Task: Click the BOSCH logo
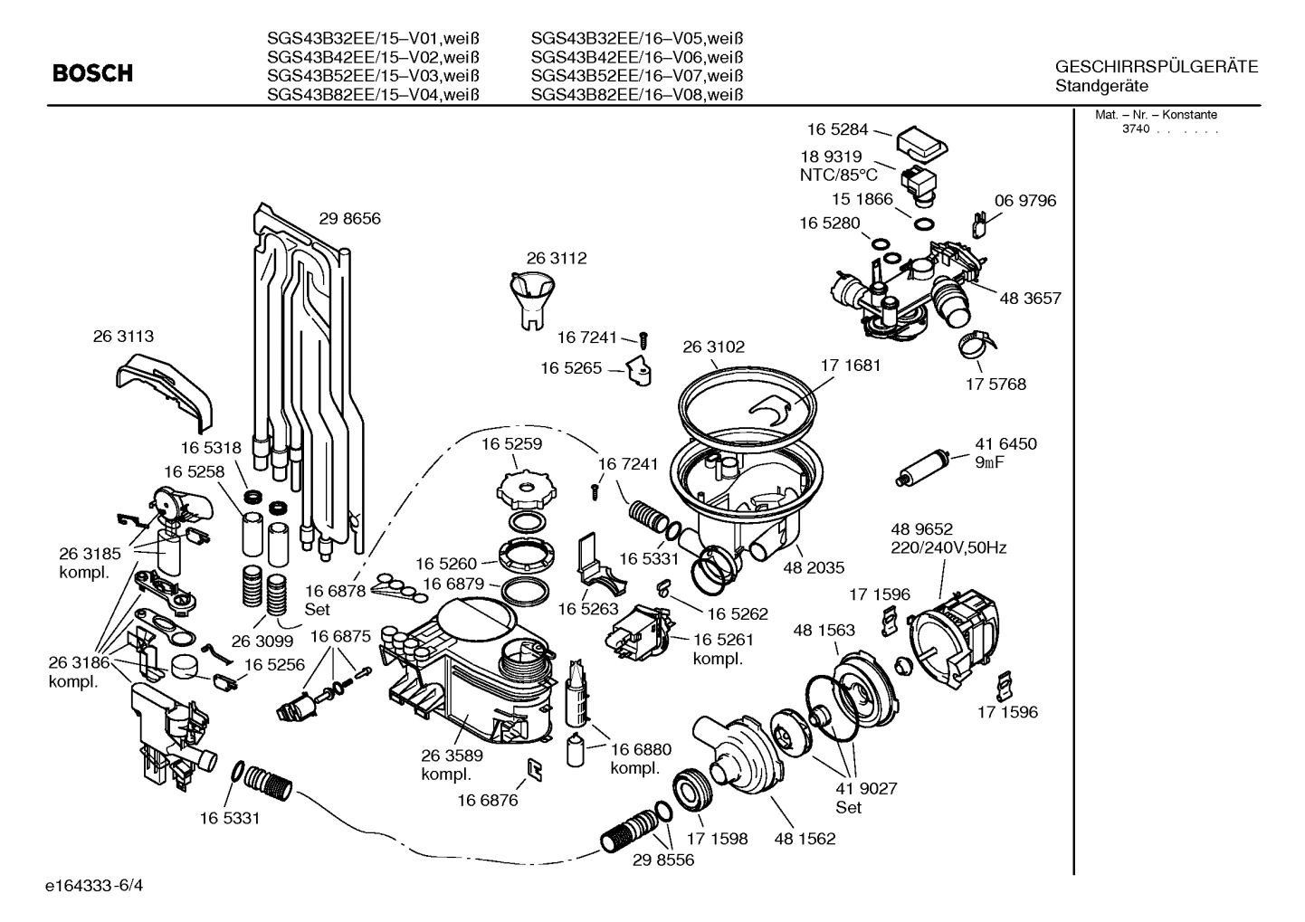(92, 73)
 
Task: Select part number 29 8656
(349, 218)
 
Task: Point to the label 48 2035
(814, 567)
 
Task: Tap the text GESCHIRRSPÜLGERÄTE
(1156, 67)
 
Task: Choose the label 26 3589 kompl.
(452, 765)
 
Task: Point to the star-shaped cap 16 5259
(523, 490)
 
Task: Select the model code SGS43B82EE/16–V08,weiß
(636, 95)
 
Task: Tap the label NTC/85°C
(838, 175)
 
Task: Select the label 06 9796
(1024, 201)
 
